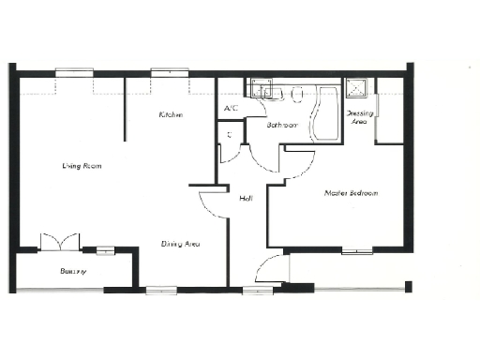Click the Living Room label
[82, 166]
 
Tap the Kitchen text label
[170, 114]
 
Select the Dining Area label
[180, 244]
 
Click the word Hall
[246, 198]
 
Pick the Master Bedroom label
[351, 193]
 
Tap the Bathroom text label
[282, 124]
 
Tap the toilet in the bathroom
[296, 94]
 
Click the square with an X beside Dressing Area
[357, 89]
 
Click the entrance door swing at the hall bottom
[269, 269]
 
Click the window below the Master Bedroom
[356, 250]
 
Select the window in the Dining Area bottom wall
[160, 291]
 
